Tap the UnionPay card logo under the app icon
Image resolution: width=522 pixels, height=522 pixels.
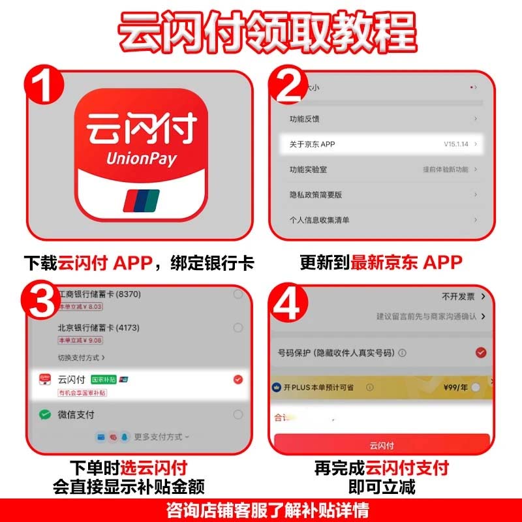click(x=140, y=199)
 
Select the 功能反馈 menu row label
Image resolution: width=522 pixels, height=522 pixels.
click(x=305, y=119)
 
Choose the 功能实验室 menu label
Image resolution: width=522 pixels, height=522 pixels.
click(x=309, y=169)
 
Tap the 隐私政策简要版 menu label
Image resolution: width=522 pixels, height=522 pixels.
click(x=316, y=194)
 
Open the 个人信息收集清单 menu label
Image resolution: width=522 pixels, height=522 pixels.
click(x=320, y=220)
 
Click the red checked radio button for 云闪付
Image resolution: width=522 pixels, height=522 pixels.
click(x=238, y=379)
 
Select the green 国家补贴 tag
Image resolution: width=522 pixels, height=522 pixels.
click(x=104, y=379)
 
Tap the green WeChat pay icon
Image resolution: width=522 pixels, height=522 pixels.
click(x=45, y=415)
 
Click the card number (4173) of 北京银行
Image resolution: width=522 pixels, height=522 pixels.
click(x=129, y=328)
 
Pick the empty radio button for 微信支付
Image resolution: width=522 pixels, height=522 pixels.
click(x=238, y=415)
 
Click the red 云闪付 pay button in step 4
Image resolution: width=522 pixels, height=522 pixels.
click(x=382, y=444)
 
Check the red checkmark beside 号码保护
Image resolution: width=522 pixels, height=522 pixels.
click(x=481, y=353)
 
